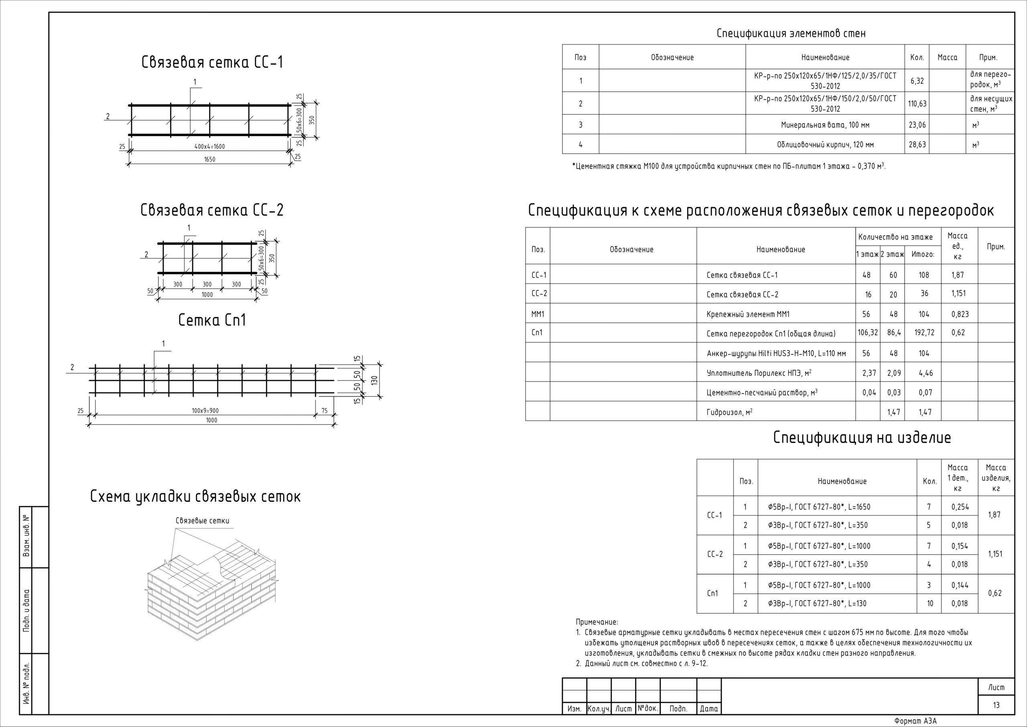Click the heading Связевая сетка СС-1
click(212, 62)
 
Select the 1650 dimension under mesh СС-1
click(209, 159)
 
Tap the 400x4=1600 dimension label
click(209, 147)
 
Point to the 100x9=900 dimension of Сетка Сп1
click(205, 411)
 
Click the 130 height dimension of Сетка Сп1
click(375, 380)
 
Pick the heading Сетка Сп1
click(212, 320)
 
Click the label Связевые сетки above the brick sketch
click(202, 521)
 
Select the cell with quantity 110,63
click(917, 104)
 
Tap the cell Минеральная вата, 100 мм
click(825, 125)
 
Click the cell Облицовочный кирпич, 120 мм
click(825, 145)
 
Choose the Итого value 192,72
click(924, 333)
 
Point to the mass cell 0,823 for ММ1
click(960, 314)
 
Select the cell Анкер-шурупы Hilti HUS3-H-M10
click(776, 353)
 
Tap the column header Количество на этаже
click(895, 237)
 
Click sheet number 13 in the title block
click(996, 705)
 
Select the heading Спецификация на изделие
click(862, 437)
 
